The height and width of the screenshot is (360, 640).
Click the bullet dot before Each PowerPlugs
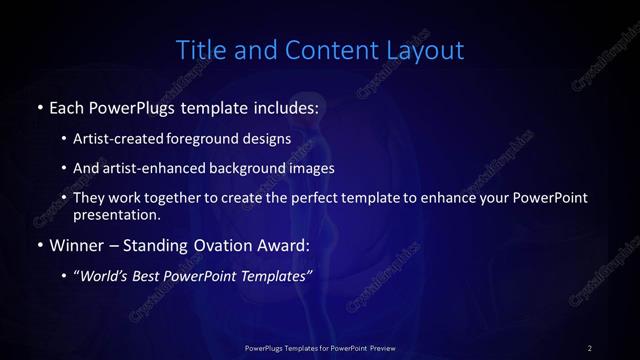pos(39,105)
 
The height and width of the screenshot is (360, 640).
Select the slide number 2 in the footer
pos(589,347)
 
